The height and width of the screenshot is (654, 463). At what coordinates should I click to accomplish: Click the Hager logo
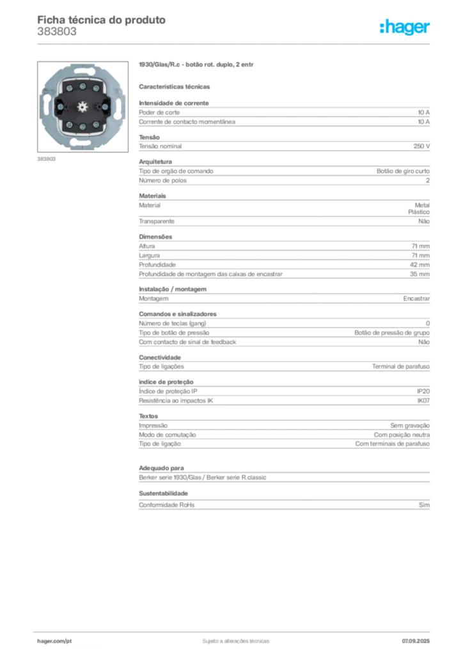click(404, 27)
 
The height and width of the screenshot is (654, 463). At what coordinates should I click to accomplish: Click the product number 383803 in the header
click(57, 32)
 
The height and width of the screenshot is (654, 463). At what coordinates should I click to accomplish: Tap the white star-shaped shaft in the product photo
click(82, 107)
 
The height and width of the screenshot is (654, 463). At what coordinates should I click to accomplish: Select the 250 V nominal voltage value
click(421, 146)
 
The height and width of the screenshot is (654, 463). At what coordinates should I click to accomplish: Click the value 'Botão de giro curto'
click(403, 171)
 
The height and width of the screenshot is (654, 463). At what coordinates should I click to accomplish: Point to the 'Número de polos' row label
click(163, 181)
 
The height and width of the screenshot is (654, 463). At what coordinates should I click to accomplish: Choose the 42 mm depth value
click(420, 265)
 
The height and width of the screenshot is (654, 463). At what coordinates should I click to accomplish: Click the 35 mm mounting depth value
click(420, 274)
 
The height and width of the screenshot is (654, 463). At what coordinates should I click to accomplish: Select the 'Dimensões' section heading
click(155, 236)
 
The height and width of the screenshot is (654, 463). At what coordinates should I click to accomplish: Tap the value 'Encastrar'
click(416, 299)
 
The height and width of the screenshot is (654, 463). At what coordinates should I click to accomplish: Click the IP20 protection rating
click(423, 392)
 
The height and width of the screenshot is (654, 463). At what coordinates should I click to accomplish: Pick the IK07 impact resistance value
click(423, 400)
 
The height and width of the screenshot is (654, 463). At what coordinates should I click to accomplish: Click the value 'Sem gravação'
click(410, 425)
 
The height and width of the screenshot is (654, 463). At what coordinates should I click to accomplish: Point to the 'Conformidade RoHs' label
click(166, 505)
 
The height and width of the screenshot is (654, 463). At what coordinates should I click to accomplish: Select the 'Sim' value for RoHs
click(424, 505)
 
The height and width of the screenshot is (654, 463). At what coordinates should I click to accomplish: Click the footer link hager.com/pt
click(54, 641)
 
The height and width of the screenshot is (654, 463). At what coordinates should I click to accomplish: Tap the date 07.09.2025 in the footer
click(416, 641)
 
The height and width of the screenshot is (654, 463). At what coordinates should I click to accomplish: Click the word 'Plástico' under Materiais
click(419, 212)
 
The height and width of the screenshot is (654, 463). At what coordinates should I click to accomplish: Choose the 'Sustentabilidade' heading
click(163, 494)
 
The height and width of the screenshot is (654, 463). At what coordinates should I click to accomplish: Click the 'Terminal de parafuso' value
click(401, 366)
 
